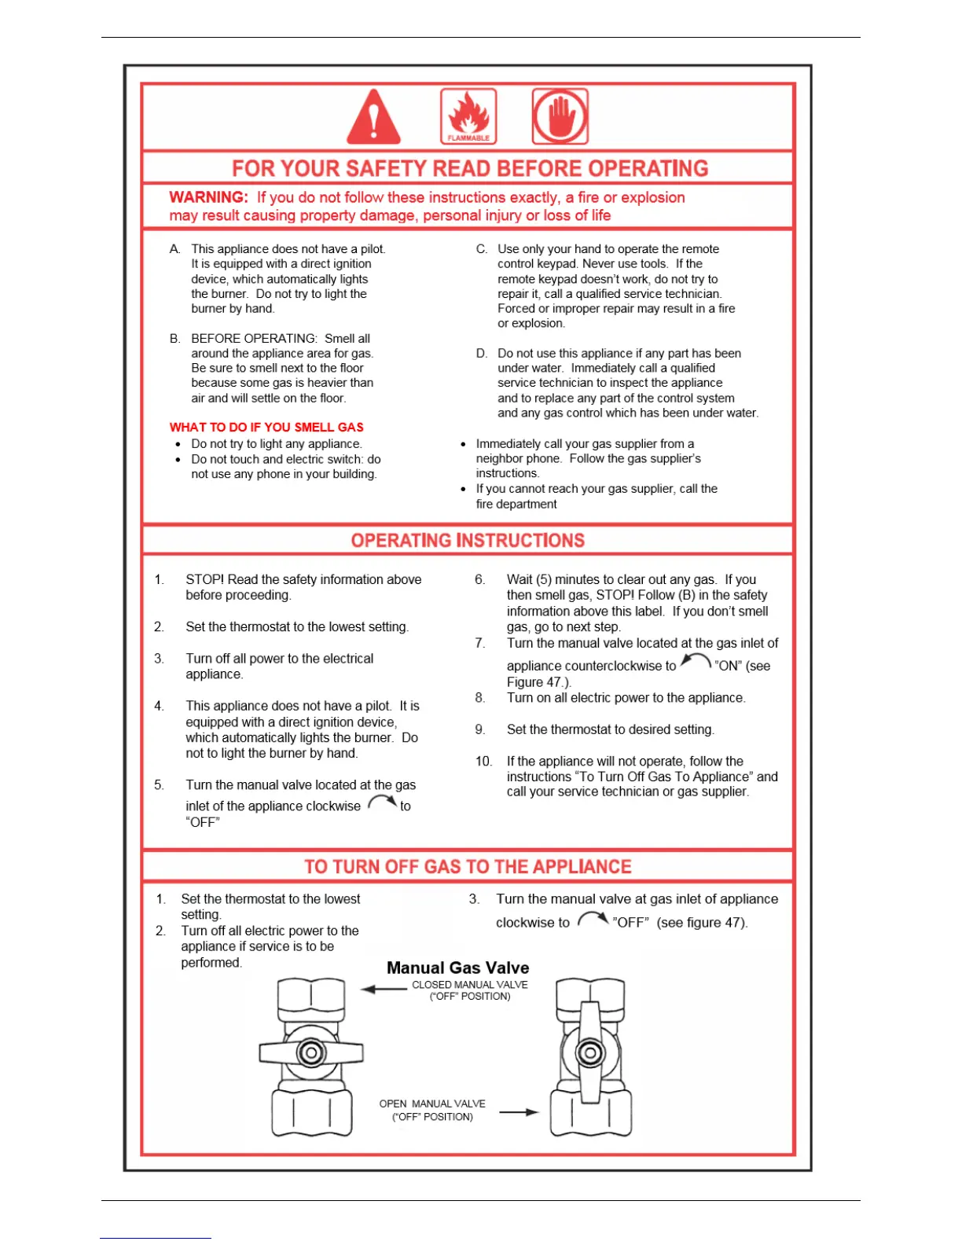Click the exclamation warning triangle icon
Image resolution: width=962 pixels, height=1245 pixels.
[x=373, y=118]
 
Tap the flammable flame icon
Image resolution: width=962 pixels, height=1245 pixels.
[x=468, y=116]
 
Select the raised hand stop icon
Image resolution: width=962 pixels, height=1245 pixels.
[x=560, y=116]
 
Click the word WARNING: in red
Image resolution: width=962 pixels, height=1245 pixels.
[x=208, y=197]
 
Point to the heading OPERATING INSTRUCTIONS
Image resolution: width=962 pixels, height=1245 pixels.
[x=468, y=541]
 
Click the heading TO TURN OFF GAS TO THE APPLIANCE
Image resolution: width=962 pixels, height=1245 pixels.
[x=468, y=867]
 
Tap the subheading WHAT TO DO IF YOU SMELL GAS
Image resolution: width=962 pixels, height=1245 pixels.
[x=266, y=428]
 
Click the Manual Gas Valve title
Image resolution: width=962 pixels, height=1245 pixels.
[x=457, y=968]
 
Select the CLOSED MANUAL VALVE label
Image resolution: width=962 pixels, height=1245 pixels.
[x=470, y=985]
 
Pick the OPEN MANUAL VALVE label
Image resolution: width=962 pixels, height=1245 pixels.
[x=432, y=1104]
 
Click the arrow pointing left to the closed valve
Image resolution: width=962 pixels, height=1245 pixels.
[x=384, y=989]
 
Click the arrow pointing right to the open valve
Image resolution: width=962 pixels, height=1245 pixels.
[x=519, y=1112]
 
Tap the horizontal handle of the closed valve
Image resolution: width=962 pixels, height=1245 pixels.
[x=311, y=1053]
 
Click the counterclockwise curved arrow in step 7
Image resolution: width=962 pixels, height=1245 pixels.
[x=696, y=662]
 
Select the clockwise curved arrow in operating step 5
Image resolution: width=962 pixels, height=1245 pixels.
[x=382, y=802]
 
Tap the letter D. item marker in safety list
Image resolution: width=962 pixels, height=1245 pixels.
[x=482, y=354]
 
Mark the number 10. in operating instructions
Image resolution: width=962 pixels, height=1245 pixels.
[x=483, y=762]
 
